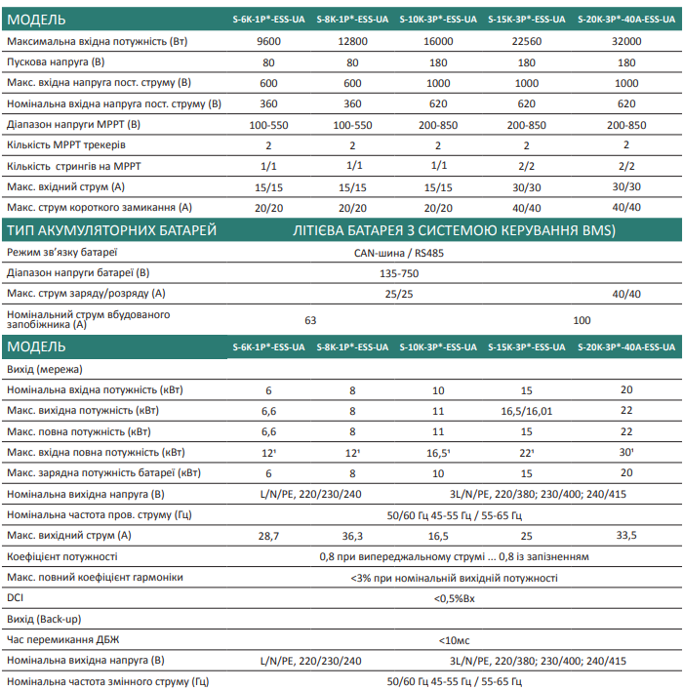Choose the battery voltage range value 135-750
[399, 272]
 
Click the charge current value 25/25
[399, 293]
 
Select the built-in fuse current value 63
[311, 320]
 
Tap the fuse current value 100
[583, 320]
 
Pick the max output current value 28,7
[269, 536]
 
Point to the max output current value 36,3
[352, 536]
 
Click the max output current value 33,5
[626, 536]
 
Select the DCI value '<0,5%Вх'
[455, 598]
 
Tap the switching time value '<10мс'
[455, 640]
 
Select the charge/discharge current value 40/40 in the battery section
[625, 293]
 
